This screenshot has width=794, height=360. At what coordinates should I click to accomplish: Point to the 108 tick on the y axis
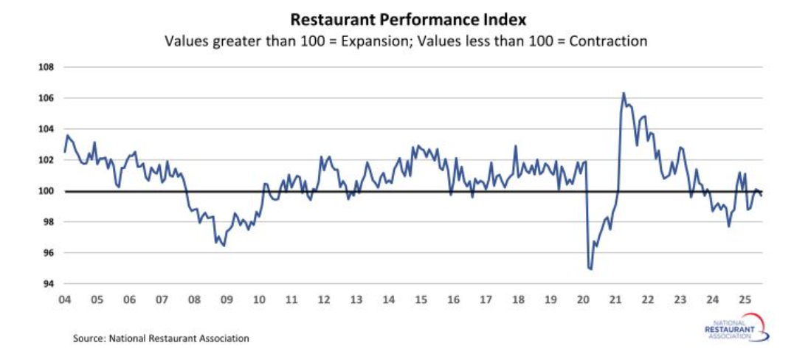(46, 67)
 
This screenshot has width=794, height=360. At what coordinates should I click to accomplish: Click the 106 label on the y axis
(46, 98)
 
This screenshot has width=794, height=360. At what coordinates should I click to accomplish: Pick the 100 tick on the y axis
(46, 191)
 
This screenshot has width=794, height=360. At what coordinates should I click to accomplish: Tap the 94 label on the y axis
(48, 284)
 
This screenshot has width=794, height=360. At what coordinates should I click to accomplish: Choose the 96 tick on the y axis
(48, 253)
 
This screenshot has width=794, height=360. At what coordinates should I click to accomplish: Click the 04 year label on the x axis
(64, 300)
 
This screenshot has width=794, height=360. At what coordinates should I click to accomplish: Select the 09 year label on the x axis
(227, 300)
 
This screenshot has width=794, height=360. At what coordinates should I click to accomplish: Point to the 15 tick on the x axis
(421, 300)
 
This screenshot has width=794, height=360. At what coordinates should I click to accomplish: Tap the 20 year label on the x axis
(583, 300)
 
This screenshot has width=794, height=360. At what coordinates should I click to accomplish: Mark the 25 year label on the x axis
(745, 300)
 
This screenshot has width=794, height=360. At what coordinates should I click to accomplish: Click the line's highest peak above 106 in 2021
(624, 93)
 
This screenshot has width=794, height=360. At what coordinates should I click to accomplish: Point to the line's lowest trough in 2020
(590, 269)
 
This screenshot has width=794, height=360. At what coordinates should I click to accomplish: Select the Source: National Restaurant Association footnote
(161, 339)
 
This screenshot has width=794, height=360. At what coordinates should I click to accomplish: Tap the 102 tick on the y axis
(46, 160)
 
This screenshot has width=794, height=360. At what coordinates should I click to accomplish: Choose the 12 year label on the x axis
(324, 300)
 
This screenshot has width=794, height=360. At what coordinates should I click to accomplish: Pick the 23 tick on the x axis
(680, 300)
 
